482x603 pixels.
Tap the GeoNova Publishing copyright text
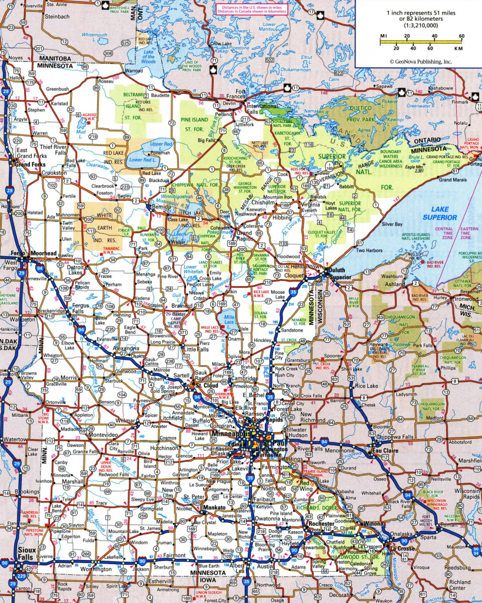click(420, 61)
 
